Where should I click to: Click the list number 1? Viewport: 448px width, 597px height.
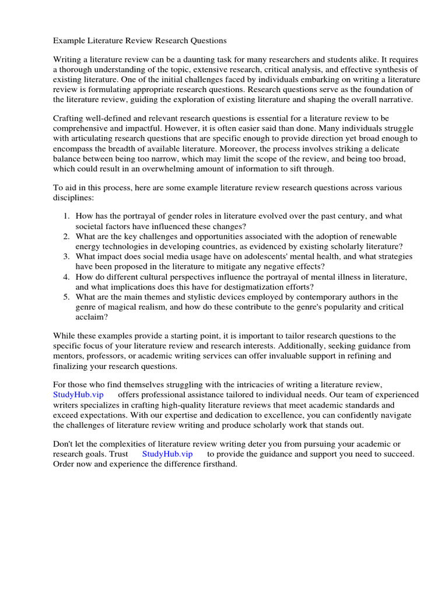click(x=66, y=216)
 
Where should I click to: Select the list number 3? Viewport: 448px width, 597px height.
click(x=66, y=257)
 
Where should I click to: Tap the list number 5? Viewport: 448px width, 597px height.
click(x=66, y=297)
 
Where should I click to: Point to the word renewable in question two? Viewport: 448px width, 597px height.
click(x=374, y=236)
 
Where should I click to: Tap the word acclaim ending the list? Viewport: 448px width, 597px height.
click(x=90, y=317)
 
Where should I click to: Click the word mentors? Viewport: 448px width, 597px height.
click(x=69, y=356)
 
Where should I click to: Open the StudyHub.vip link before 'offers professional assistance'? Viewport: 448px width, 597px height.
click(x=78, y=395)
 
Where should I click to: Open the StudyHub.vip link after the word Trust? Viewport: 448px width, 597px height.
click(x=167, y=454)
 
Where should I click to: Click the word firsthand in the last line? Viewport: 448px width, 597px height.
click(x=218, y=464)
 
